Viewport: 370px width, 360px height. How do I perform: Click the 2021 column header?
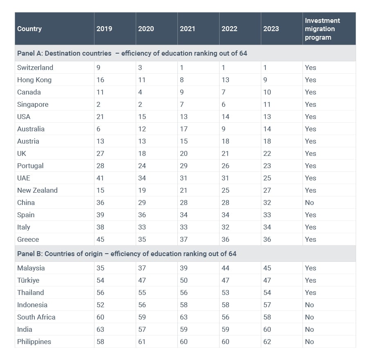tap(188, 29)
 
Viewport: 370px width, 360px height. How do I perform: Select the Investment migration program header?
tap(322, 29)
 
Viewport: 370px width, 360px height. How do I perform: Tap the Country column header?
tap(29, 29)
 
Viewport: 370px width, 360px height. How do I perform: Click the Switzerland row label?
tap(35, 67)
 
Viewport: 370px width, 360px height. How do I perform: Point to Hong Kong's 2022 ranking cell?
tap(225, 80)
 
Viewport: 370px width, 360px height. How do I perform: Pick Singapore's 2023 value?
tap(267, 104)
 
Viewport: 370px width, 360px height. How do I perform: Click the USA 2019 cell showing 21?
tap(100, 117)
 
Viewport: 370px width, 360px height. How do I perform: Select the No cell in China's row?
tap(309, 202)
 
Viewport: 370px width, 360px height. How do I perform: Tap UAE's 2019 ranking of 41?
tap(100, 178)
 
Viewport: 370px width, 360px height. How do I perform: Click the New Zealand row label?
tap(37, 190)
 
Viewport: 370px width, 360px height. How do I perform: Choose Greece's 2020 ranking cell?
tap(142, 239)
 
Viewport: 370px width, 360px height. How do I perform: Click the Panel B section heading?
tap(127, 254)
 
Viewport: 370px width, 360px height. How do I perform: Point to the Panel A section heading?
tap(132, 53)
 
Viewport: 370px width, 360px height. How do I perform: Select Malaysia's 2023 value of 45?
tap(267, 268)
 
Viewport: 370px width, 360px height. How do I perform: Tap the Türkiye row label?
tap(28, 280)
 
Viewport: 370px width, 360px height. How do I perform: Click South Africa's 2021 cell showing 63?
tap(184, 317)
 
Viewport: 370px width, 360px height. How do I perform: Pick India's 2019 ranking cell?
tap(100, 329)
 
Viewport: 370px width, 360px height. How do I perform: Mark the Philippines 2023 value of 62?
tap(267, 342)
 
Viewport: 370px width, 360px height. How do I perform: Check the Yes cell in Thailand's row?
tap(310, 292)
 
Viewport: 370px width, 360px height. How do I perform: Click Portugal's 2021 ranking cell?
tap(184, 166)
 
